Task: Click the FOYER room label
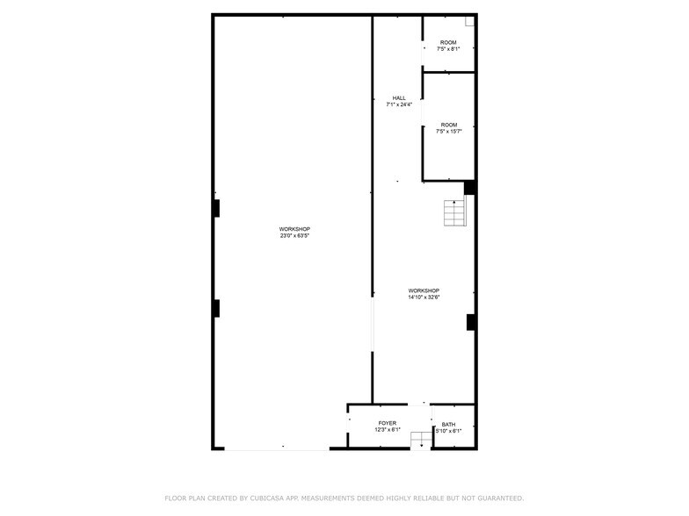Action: coord(387,423)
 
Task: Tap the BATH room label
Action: coord(448,425)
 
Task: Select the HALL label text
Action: coord(399,98)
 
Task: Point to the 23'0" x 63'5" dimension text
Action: coord(294,235)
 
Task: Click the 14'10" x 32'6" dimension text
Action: coord(424,297)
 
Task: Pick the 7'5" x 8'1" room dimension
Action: coord(448,49)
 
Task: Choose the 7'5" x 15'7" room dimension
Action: coord(448,132)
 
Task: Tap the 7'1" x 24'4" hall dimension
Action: coord(399,104)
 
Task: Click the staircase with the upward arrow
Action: coord(454,212)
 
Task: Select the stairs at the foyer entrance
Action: coord(422,441)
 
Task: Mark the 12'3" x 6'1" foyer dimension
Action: coord(388,430)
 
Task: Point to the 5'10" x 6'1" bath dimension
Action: coord(448,431)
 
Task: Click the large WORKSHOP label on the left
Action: coord(294,229)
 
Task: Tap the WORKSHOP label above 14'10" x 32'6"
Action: coord(424,290)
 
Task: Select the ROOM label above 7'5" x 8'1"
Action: coord(448,42)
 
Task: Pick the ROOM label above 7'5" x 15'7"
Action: coord(448,125)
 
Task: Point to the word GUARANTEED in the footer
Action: coord(501,498)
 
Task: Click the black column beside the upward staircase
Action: coord(469,188)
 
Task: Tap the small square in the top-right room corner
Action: coord(469,21)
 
